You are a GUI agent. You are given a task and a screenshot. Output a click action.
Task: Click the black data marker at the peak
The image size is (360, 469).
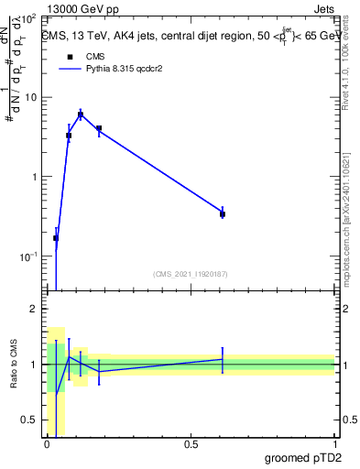coord(81,115)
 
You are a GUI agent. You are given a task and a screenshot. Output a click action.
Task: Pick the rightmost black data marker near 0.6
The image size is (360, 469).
coord(223,213)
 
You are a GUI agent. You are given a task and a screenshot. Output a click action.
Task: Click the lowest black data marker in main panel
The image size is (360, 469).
coord(56,238)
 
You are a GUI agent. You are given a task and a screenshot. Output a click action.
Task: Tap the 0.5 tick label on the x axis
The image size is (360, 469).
coord(191,444)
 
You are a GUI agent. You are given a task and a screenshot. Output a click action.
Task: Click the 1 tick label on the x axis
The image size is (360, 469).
coord(334,444)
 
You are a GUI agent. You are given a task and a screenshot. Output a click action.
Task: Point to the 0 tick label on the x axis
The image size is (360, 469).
coord(48,444)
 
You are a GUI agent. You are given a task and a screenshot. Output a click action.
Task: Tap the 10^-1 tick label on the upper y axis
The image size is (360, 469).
coord(27,256)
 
